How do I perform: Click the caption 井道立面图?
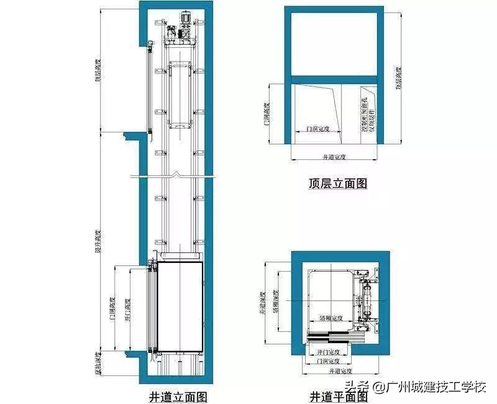pos(178,396)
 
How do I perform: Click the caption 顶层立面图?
pos(338,183)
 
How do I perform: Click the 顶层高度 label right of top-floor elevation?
pos(398,78)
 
